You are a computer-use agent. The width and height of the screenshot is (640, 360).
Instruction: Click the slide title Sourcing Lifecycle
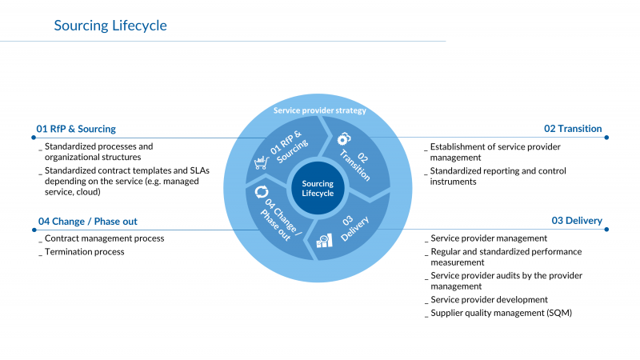click(x=110, y=26)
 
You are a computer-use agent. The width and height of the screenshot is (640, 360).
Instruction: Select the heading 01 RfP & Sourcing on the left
click(x=76, y=129)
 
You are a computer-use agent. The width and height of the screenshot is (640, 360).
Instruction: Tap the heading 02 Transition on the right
click(x=573, y=129)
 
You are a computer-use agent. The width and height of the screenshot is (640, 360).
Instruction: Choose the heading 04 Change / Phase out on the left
click(x=93, y=222)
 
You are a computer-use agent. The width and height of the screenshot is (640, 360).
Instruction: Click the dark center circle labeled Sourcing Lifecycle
click(x=318, y=189)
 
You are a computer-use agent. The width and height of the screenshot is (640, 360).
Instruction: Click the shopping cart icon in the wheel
click(x=261, y=163)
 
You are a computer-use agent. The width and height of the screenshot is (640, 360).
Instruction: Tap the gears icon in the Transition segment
click(x=344, y=137)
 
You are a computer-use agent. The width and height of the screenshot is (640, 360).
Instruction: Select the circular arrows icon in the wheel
click(x=261, y=192)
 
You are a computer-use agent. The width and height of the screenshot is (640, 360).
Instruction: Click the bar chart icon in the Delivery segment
click(x=324, y=240)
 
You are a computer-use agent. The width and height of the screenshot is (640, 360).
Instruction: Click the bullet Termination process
click(x=84, y=252)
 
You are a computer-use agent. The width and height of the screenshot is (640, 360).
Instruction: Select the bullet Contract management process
click(x=104, y=238)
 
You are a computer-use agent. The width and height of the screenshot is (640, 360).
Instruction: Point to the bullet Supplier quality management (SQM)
click(x=501, y=313)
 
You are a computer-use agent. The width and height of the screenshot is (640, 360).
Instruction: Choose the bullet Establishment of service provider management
click(x=495, y=152)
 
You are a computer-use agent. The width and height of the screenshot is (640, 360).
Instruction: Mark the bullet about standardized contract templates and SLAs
click(x=120, y=181)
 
